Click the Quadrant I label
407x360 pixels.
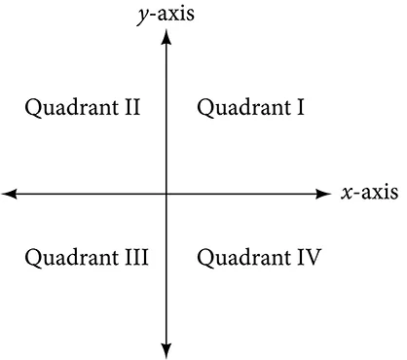(x=251, y=107)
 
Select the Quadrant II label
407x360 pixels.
(x=83, y=107)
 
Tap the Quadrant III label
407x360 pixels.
(x=86, y=258)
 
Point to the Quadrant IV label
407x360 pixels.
(x=259, y=258)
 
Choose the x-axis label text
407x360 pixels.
(x=369, y=193)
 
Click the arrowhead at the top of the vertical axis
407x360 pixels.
(x=167, y=37)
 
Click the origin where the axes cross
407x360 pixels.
(x=167, y=195)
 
